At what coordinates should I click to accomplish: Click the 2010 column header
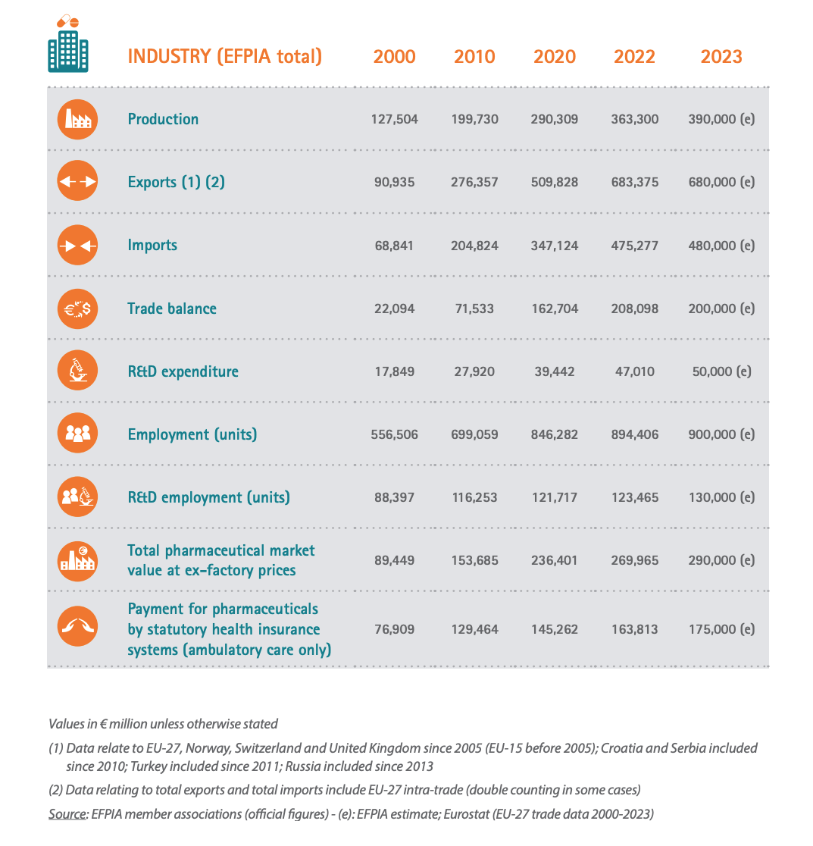[x=474, y=57]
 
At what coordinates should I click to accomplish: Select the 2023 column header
[x=721, y=57]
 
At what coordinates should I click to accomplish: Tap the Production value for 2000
[x=394, y=119]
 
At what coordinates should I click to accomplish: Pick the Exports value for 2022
[x=634, y=183]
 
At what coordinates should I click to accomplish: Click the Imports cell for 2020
[x=554, y=246]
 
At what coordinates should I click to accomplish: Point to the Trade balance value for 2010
[x=474, y=309]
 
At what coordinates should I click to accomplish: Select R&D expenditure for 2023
[x=721, y=371]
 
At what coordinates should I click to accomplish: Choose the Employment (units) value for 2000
[x=394, y=434]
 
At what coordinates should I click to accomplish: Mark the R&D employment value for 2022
[x=634, y=497]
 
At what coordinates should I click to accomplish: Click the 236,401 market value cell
[x=554, y=560]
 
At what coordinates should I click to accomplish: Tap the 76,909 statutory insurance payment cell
[x=394, y=629]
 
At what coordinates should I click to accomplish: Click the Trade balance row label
[x=172, y=309]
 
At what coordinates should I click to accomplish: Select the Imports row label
[x=152, y=246]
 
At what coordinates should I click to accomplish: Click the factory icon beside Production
[x=77, y=119]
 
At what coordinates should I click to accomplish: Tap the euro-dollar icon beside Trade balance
[x=77, y=309]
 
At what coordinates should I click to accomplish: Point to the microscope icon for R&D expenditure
[x=77, y=371]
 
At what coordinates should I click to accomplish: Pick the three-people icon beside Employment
[x=77, y=433]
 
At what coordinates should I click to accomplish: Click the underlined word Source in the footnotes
[x=67, y=814]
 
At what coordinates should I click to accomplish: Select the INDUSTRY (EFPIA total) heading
[x=225, y=57]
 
